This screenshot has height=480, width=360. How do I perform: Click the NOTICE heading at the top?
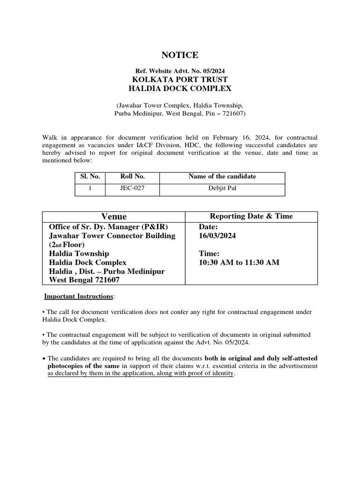(180, 55)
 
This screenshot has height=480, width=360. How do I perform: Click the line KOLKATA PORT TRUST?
(180, 79)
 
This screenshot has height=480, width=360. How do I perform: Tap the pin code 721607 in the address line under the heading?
(233, 113)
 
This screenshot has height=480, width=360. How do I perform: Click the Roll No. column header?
(132, 177)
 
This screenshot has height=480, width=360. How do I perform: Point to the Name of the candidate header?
(222, 177)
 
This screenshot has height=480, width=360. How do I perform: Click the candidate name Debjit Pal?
(222, 189)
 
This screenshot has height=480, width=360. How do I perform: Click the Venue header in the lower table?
(114, 216)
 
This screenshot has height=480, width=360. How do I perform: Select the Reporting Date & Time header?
(251, 216)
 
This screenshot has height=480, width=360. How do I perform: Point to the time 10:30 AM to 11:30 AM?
(239, 262)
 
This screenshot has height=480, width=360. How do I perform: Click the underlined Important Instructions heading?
(78, 297)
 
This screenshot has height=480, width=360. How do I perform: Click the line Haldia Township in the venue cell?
(79, 254)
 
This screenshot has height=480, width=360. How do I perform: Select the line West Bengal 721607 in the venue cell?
(84, 280)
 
